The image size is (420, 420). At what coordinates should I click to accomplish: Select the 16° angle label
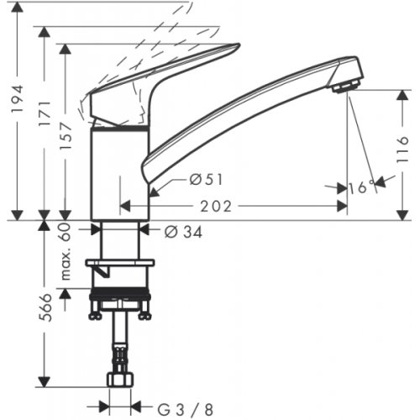360,188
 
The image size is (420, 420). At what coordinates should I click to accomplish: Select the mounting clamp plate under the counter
121,266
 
